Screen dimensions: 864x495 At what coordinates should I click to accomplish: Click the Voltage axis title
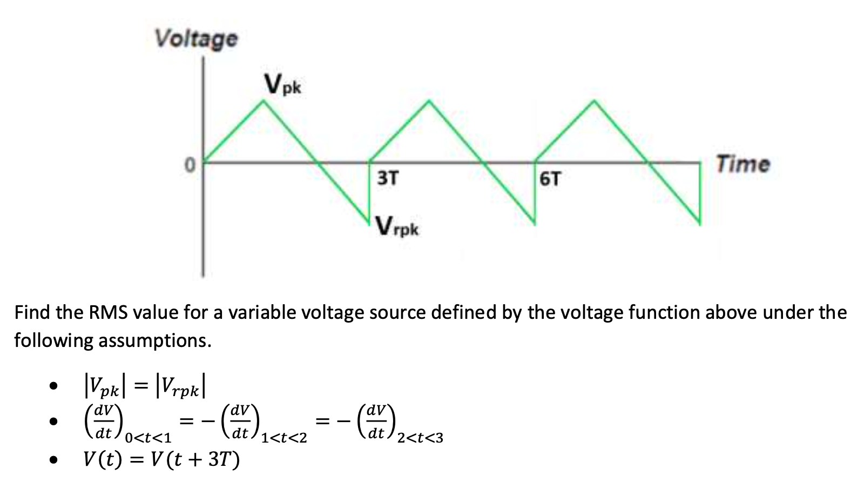click(x=195, y=39)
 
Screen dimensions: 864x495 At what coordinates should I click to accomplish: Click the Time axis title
click(x=742, y=164)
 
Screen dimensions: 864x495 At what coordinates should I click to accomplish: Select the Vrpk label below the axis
click(x=397, y=226)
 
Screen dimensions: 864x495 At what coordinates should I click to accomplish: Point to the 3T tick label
click(x=387, y=178)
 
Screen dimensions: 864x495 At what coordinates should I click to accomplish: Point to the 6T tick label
click(x=550, y=179)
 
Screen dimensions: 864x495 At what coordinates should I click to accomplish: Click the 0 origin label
click(x=190, y=164)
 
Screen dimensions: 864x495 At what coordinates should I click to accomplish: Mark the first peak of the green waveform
click(x=264, y=101)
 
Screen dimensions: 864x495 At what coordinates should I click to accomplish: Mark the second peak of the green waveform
click(x=429, y=101)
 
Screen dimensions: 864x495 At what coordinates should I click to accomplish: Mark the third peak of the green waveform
click(x=595, y=101)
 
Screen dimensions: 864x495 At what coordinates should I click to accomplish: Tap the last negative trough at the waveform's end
click(x=699, y=223)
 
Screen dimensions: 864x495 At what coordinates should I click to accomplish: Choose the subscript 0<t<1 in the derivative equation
click(x=147, y=438)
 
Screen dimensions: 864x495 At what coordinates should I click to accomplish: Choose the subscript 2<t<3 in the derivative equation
click(x=420, y=438)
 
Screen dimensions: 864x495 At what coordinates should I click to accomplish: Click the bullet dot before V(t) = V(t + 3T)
click(x=53, y=460)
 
